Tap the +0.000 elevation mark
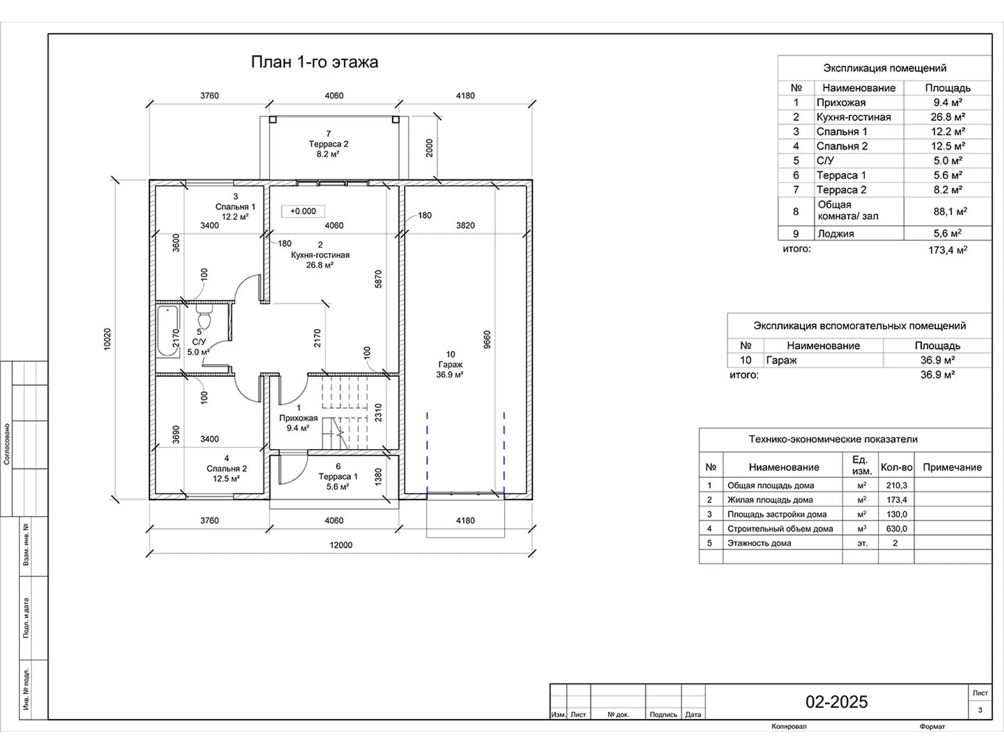click(x=303, y=211)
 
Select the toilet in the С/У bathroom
click(x=204, y=316)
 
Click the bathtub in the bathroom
click(x=168, y=331)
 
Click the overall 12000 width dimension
click(x=341, y=545)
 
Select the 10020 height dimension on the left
click(x=107, y=339)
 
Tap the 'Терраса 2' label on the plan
click(x=329, y=144)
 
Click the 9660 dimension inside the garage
click(x=487, y=339)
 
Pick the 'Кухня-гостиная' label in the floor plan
click(x=320, y=255)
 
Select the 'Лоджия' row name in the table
click(x=835, y=234)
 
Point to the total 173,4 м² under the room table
click(x=948, y=250)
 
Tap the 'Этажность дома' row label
click(x=759, y=543)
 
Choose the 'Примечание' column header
click(x=952, y=467)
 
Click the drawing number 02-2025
click(x=837, y=702)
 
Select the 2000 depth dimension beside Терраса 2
click(x=429, y=148)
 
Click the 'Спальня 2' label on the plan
click(x=226, y=468)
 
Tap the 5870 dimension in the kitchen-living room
click(x=378, y=279)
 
